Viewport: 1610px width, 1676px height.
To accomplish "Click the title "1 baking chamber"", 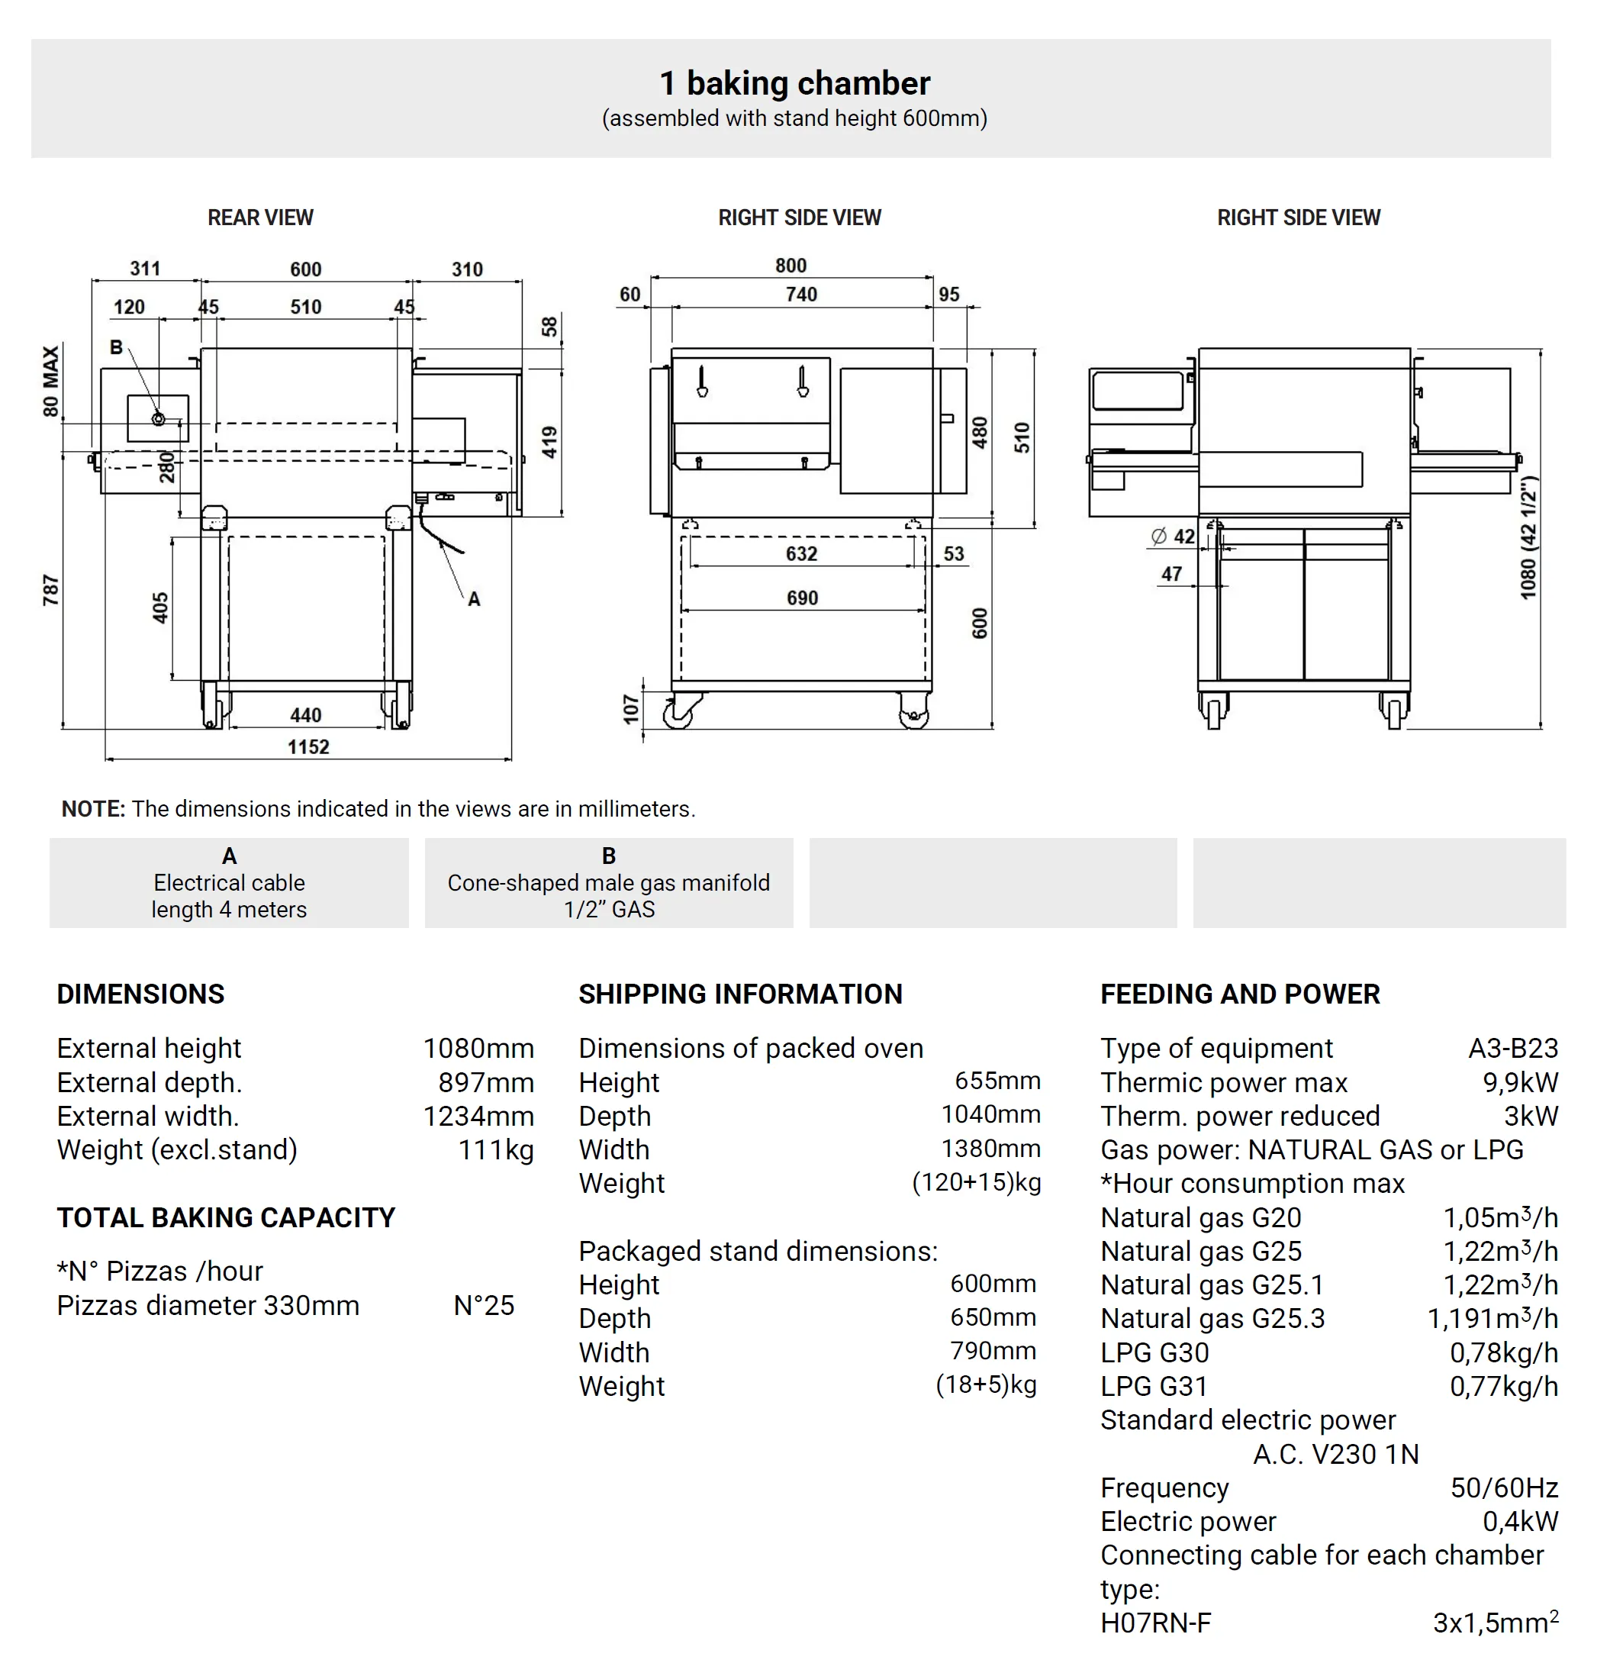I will (x=794, y=83).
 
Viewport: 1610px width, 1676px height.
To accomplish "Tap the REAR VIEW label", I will (x=260, y=218).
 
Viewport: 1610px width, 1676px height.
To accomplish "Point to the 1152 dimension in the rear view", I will (x=308, y=746).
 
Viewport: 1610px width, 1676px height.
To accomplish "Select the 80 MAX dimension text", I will (x=50, y=382).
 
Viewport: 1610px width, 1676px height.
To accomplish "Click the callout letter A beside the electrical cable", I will (x=474, y=599).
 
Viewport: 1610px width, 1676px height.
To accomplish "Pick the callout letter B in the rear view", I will (x=116, y=347).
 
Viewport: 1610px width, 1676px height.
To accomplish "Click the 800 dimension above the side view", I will (x=790, y=265).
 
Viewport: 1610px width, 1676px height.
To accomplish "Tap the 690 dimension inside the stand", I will (x=802, y=598).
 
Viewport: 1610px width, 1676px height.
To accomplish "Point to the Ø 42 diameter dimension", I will (x=1172, y=536).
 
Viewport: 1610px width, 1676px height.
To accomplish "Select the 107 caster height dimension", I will (x=631, y=709).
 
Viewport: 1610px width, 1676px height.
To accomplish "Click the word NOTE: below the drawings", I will (x=93, y=809).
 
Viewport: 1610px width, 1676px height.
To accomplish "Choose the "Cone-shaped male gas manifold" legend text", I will (x=608, y=882).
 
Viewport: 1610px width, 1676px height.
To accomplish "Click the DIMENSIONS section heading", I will (x=140, y=994).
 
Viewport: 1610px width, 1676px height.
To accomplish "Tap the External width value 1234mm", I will (x=478, y=1116).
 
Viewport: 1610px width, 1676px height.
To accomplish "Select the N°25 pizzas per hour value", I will (x=483, y=1306).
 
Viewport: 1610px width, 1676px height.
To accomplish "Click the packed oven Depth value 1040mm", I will (x=990, y=1114).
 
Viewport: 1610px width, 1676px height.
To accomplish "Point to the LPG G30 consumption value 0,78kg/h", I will (x=1503, y=1352).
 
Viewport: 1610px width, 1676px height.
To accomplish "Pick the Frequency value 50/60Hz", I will (x=1503, y=1488).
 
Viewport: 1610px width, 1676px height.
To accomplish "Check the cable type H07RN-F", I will (x=1155, y=1623).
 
